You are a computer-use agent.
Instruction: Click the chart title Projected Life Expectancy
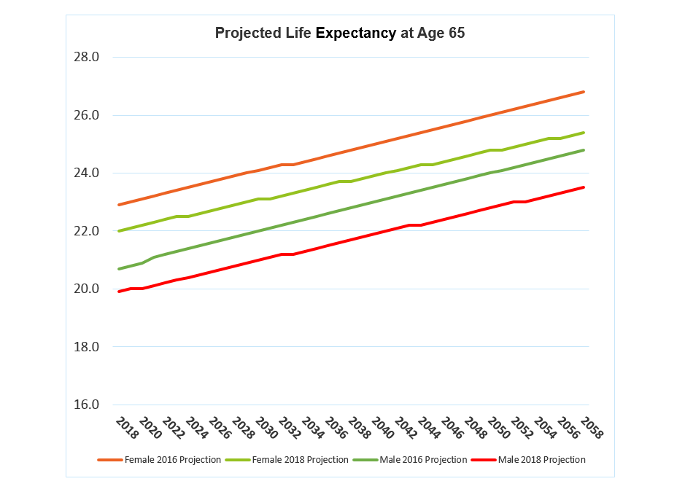coord(339,34)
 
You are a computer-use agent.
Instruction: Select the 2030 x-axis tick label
coord(267,429)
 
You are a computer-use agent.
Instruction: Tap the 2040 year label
coord(384,429)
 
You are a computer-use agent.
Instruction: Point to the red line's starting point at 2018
coord(119,292)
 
